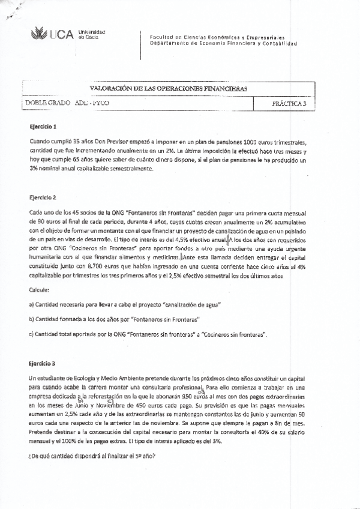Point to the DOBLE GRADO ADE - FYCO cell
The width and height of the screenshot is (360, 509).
67,104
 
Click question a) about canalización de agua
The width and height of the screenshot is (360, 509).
125,304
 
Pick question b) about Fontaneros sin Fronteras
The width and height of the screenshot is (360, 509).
114,319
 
